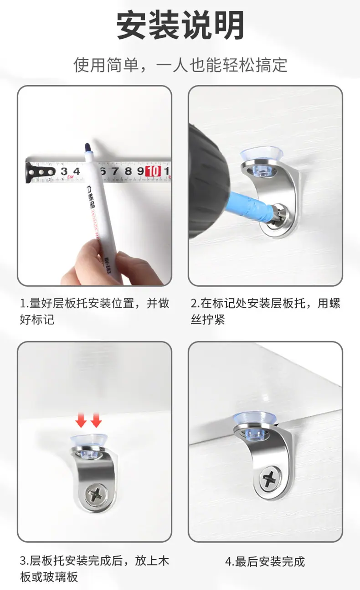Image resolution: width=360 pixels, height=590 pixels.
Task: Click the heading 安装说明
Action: pyautogui.click(x=180, y=25)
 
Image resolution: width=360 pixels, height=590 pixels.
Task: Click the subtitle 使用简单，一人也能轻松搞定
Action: pyautogui.click(x=180, y=65)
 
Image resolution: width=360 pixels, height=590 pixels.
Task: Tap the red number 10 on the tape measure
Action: pyautogui.click(x=154, y=171)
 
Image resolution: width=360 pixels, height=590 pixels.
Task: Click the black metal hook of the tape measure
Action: pyautogui.click(x=40, y=172)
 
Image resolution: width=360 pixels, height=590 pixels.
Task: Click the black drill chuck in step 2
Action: pyautogui.click(x=207, y=182)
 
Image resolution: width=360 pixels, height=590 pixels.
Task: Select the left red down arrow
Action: pyautogui.click(x=81, y=420)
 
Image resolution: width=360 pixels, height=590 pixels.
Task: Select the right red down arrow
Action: pyautogui.click(x=96, y=420)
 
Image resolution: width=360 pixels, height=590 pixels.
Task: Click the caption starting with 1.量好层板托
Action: pyautogui.click(x=94, y=311)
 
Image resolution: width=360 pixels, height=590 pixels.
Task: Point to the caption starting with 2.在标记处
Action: pyautogui.click(x=266, y=311)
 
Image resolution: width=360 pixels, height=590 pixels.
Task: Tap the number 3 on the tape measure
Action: pyautogui.click(x=64, y=171)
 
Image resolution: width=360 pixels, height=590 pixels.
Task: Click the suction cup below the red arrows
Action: pyautogui.click(x=89, y=445)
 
